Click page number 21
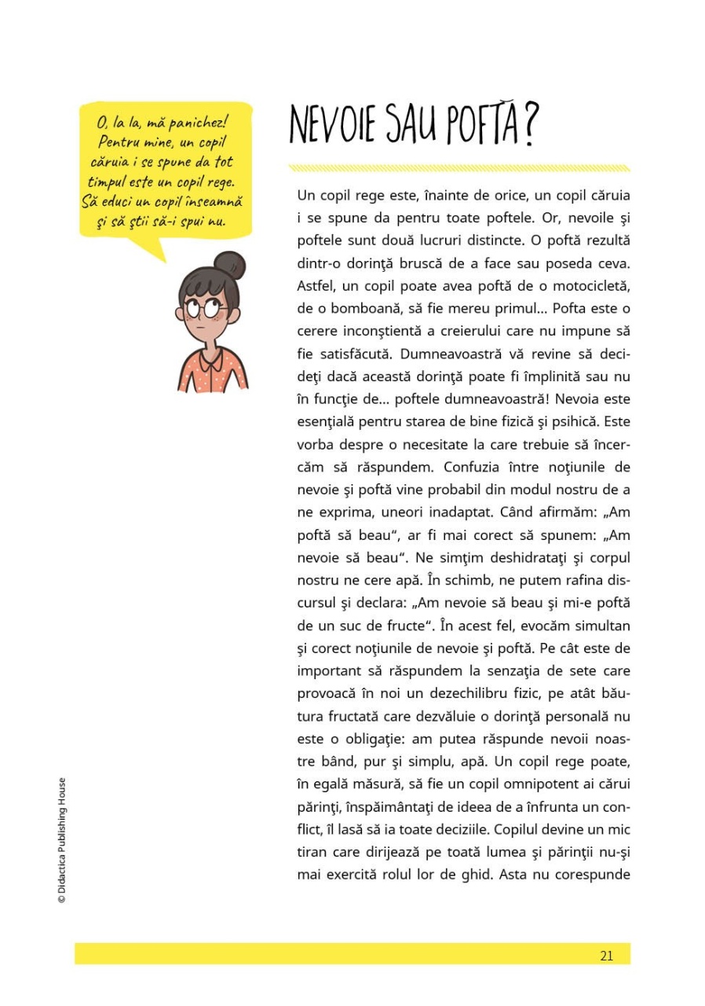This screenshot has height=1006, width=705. [x=606, y=955]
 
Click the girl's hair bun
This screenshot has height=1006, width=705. [x=229, y=266]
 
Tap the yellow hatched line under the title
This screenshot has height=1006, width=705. [x=458, y=167]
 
